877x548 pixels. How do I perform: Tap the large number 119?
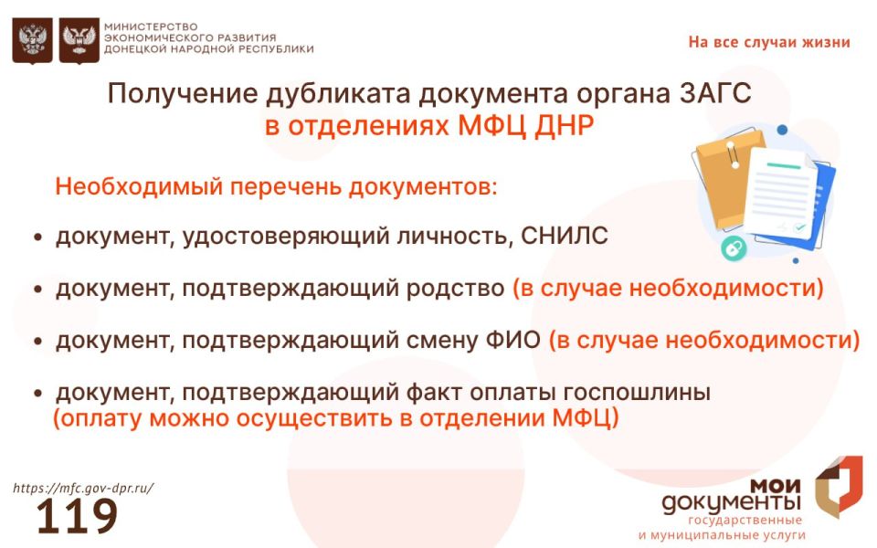[x=77, y=517]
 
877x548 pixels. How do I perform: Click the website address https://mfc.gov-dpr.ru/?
[x=83, y=488]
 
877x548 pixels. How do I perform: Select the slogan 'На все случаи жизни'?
[x=768, y=42]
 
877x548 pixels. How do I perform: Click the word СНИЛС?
[x=564, y=237]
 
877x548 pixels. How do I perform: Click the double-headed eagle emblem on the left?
[x=32, y=41]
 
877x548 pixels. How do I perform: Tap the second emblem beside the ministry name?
[x=79, y=41]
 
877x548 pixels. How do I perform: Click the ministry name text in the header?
[x=208, y=37]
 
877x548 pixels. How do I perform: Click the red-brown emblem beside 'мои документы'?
[x=838, y=486]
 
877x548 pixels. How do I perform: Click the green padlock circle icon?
[x=732, y=248]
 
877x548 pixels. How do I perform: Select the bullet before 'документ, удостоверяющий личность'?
[x=38, y=237]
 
